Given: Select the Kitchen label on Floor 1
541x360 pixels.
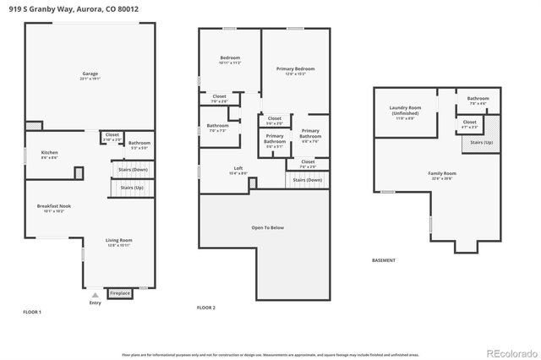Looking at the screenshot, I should pos(50,153).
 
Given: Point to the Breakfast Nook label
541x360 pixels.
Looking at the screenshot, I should pos(52,206).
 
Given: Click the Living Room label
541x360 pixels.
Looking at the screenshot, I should pos(118,241).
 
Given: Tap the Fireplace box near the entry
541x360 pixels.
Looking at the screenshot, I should pos(120,293).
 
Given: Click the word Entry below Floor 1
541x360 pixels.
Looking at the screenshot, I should pos(95,302).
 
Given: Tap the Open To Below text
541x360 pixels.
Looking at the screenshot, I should pos(267,227).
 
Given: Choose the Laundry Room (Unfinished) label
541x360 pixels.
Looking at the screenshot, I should pos(405,110).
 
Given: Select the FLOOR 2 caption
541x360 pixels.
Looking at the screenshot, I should pos(206,308).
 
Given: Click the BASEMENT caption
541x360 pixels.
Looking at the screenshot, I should pos(383,261).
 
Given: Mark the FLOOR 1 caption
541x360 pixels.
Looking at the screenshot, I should pos(32,312).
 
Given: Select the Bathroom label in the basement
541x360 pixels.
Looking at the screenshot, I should pos(478,99).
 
